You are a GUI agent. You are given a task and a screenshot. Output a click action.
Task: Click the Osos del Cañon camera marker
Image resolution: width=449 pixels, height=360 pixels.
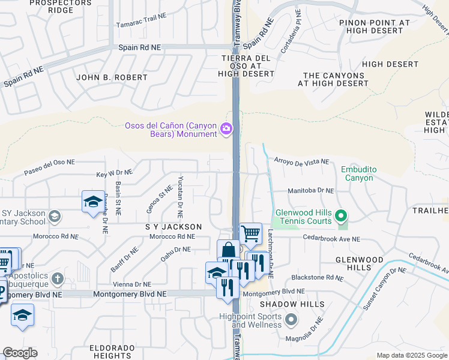(x=227, y=128)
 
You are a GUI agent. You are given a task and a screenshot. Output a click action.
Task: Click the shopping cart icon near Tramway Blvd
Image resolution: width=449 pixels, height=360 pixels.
(x=250, y=233)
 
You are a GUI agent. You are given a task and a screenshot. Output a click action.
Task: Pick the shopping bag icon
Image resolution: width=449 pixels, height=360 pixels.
(x=228, y=250)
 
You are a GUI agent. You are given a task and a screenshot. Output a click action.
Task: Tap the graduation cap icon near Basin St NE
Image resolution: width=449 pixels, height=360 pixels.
(x=93, y=201)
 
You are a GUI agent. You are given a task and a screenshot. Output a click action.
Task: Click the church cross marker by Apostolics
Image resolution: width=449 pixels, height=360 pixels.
(x=57, y=278)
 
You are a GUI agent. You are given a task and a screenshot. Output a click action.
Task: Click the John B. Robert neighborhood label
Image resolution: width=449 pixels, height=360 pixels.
(x=112, y=77)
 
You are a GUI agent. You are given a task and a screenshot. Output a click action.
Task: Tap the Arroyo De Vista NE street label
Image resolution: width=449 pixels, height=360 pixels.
(x=301, y=162)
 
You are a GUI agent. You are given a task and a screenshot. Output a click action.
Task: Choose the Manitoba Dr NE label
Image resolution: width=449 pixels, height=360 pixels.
(x=310, y=190)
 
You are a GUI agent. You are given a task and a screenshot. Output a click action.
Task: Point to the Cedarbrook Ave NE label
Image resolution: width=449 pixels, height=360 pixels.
(x=331, y=239)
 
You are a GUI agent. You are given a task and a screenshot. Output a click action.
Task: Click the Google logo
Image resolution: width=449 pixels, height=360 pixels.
(x=20, y=353)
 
